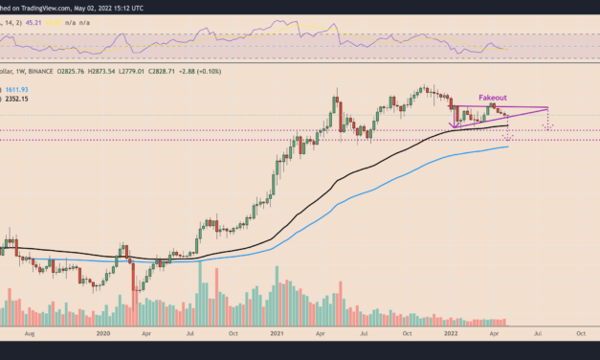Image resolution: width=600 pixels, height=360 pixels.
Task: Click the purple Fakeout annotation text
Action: [x=494, y=98]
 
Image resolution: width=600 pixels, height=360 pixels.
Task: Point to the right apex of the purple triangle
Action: [x=547, y=107]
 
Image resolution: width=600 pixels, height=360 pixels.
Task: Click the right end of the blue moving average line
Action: [x=509, y=146]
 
